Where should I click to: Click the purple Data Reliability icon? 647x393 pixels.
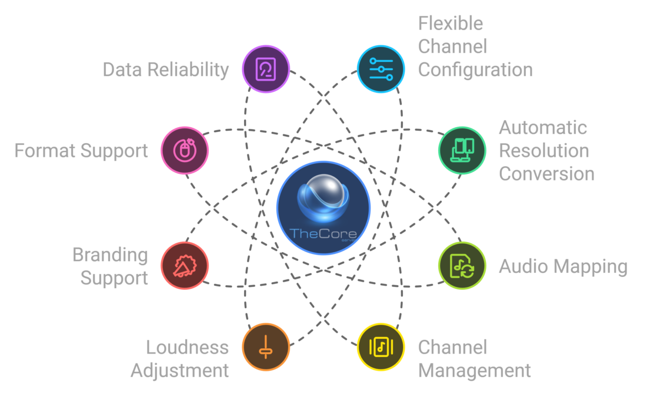(x=266, y=69)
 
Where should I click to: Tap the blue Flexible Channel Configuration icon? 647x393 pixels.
(x=381, y=69)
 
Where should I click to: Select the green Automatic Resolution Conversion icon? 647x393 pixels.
(x=462, y=150)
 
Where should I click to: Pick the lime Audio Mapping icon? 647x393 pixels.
(x=462, y=266)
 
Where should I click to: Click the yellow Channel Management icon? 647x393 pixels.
(x=381, y=346)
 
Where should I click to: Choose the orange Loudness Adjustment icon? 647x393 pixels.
(x=266, y=346)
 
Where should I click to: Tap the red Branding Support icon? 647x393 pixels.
(x=185, y=266)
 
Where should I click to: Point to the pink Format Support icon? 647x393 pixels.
(x=185, y=150)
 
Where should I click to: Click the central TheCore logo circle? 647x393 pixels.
(x=323, y=207)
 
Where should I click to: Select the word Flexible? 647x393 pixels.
(x=451, y=24)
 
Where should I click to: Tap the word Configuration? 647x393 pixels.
(x=475, y=70)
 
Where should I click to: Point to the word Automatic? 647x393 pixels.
(x=535, y=127)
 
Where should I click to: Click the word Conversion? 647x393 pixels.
(x=546, y=174)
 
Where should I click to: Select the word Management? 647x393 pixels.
(x=474, y=371)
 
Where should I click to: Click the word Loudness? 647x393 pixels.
(x=187, y=347)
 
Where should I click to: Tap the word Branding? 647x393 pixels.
(x=110, y=255)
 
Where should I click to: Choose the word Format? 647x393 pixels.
(x=45, y=151)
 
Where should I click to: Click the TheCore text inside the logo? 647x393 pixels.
(x=321, y=235)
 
